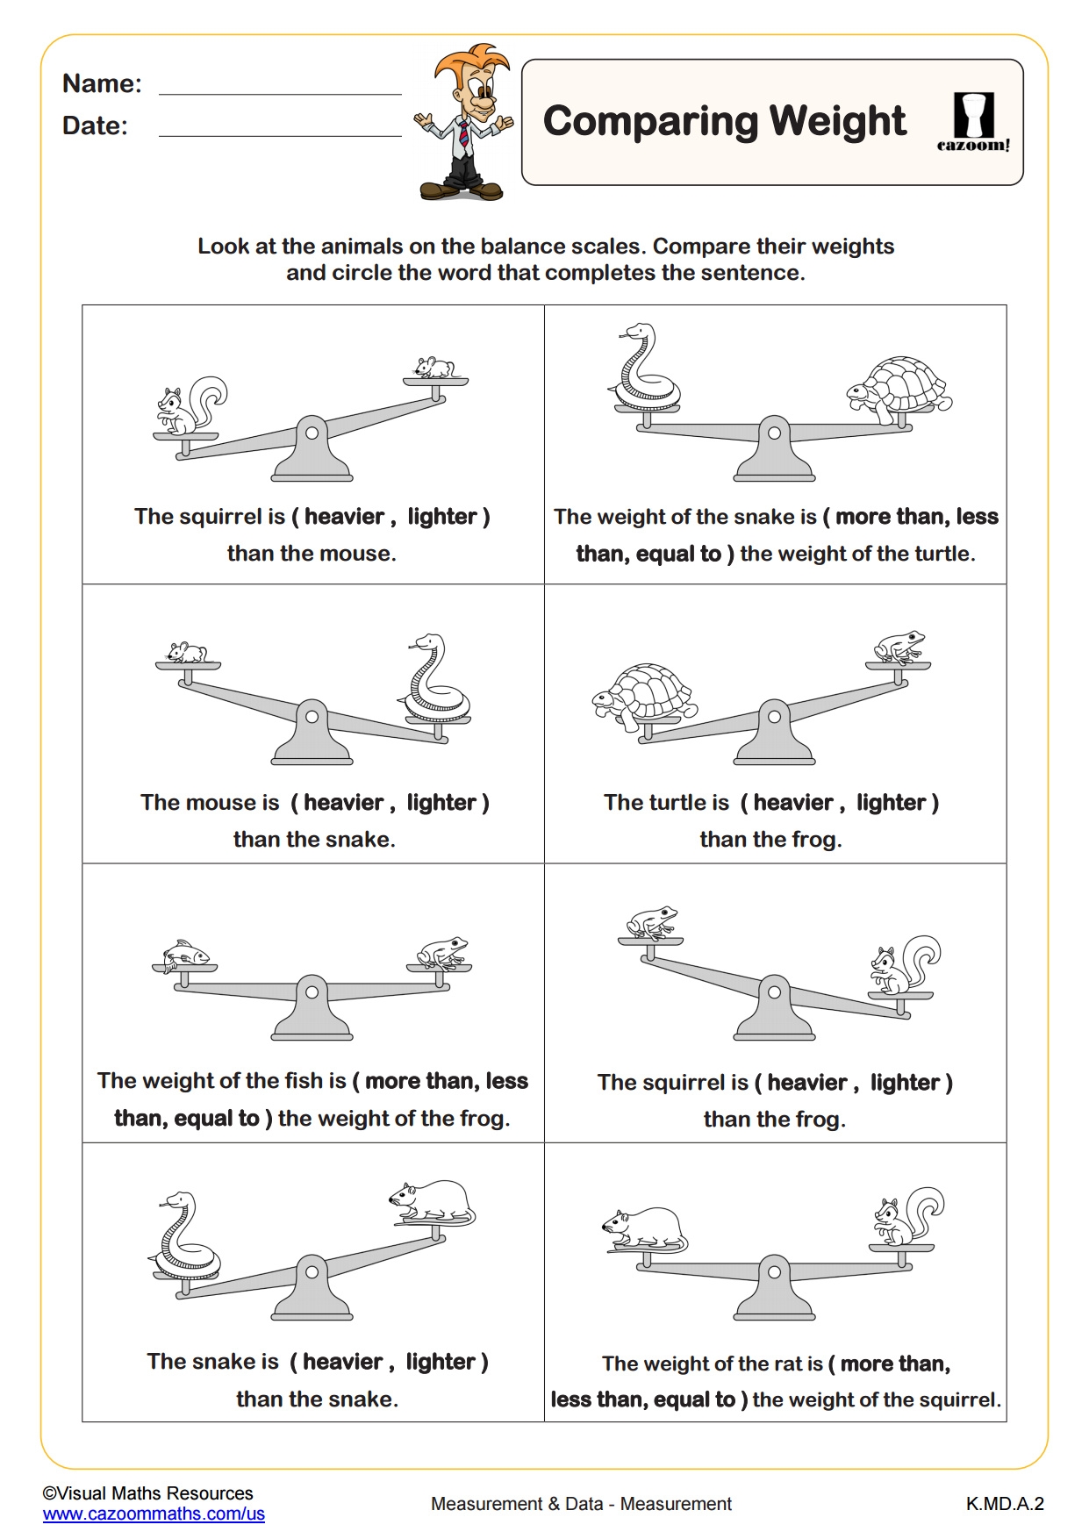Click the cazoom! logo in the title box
(973, 122)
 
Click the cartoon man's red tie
(463, 134)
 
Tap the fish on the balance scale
(185, 953)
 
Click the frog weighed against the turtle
(899, 647)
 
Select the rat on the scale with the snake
(433, 1201)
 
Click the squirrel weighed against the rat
(906, 1217)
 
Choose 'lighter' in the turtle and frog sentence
(891, 802)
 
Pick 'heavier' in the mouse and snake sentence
(344, 802)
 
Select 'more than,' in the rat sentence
(895, 1363)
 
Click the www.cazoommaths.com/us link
(154, 1514)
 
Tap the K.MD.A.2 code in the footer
(1005, 1504)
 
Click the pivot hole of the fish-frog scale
(312, 991)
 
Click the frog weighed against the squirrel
(650, 922)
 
